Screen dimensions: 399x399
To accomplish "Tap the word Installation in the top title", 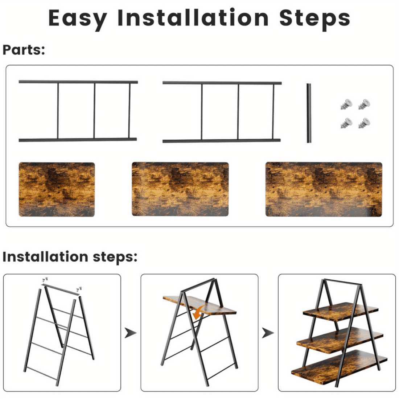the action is point(193,17).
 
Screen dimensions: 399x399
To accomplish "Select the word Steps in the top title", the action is point(314,19).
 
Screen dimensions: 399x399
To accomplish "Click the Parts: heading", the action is point(24,50).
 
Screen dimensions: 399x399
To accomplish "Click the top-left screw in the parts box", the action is point(346,104).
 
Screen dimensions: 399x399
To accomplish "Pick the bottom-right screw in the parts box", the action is point(364,123).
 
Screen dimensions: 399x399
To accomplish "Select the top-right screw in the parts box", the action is point(364,104).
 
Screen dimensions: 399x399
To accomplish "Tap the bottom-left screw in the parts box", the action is point(346,123).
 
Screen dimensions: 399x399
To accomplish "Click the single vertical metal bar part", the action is point(309,113).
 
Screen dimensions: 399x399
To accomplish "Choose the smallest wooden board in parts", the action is point(57,189).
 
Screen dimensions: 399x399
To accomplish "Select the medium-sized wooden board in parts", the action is point(180,189).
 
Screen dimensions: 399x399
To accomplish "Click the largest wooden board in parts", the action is point(324,189).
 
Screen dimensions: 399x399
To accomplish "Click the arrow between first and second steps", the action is point(130,333).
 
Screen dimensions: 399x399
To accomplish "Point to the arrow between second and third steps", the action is point(268,333).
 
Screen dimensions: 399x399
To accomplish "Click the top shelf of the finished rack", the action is point(340,311).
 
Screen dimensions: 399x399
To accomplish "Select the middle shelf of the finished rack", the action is point(340,341).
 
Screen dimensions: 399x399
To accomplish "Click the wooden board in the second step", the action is point(199,305).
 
